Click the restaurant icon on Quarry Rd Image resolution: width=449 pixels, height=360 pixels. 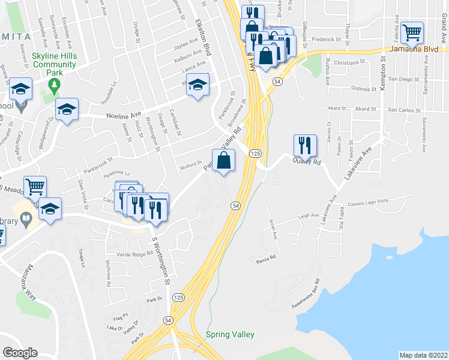tap(305, 145)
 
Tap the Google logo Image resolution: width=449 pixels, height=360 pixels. tap(20, 353)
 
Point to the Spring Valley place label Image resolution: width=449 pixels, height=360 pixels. tap(230, 334)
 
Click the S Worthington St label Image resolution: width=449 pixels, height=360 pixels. tap(161, 261)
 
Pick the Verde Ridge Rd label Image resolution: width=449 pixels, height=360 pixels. tap(134, 254)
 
